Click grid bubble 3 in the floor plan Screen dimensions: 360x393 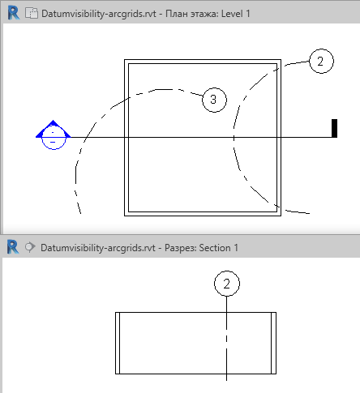coord(214,100)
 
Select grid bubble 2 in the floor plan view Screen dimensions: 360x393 coord(321,61)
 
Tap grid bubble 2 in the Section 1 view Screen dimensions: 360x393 coord(227,284)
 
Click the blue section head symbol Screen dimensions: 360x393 coord(54,135)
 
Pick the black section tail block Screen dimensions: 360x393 coord(334,128)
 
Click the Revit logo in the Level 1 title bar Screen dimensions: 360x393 coord(14,13)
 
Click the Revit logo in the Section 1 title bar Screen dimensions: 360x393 coord(13,247)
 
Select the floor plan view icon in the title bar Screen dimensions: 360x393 coord(32,13)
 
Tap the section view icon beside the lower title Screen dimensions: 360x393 coord(30,247)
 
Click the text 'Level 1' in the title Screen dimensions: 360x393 coord(235,14)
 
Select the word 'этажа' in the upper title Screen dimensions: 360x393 coord(204,14)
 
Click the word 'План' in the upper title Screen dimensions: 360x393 coord(177,14)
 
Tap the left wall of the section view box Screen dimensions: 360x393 coord(118,343)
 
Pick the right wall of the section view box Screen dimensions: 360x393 coord(273,343)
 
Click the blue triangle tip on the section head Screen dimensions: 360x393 coord(53,121)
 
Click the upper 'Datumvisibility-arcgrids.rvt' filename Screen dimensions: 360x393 coord(99,14)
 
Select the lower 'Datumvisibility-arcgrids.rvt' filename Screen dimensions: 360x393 coord(98,248)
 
